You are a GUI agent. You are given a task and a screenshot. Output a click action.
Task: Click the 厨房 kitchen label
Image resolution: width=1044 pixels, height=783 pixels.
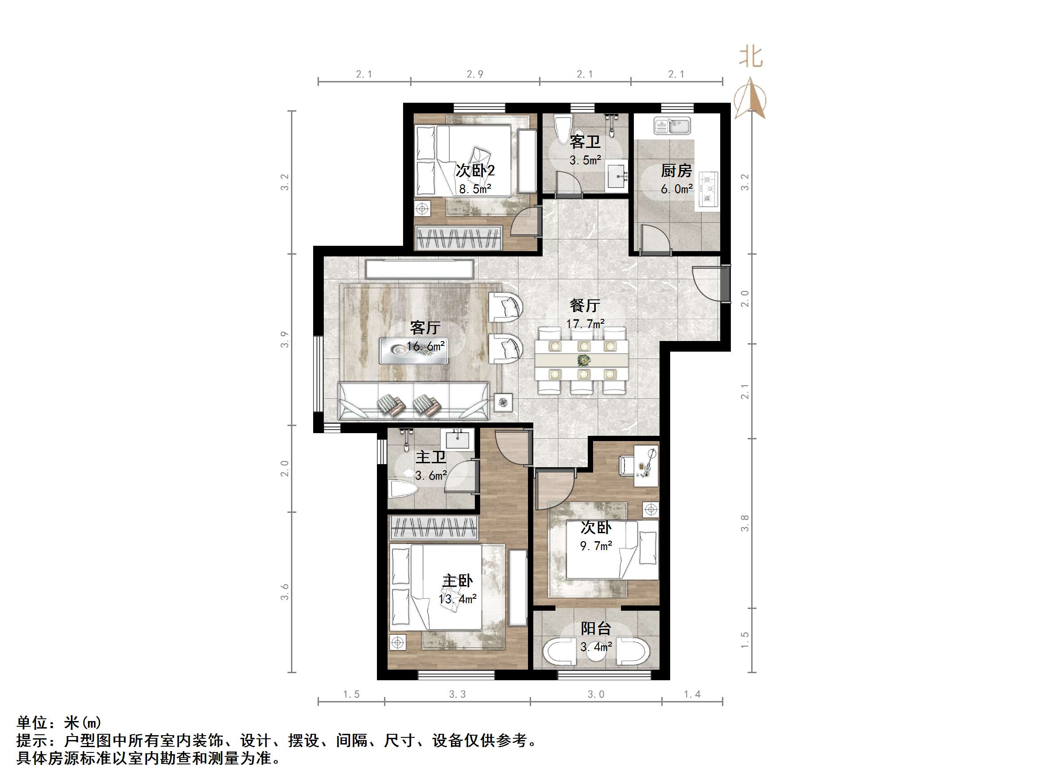[676, 170]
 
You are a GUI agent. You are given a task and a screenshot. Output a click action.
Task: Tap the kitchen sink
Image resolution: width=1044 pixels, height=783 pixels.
[672, 126]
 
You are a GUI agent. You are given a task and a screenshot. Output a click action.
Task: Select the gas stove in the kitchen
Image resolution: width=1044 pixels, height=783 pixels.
[708, 189]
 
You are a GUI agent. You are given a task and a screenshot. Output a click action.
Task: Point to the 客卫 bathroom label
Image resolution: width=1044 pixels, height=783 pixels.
[585, 142]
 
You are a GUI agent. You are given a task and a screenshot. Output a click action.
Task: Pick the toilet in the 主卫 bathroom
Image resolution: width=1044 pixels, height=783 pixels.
[403, 489]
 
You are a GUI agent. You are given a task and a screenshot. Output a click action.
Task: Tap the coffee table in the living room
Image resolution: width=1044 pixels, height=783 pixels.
[413, 350]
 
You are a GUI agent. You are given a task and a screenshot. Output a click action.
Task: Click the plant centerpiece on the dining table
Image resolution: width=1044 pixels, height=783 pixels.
[584, 360]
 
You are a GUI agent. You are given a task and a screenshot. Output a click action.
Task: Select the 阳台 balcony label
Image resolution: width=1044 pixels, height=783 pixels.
[596, 628]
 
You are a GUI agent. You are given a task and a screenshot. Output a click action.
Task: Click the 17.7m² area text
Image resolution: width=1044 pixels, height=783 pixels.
[585, 324]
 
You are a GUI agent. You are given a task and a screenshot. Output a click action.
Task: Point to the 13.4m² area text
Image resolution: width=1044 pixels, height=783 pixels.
[458, 599]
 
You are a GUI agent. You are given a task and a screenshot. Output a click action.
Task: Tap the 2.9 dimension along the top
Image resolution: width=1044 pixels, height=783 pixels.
[475, 74]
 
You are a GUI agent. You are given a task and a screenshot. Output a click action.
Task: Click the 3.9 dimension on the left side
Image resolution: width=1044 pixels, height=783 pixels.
[284, 339]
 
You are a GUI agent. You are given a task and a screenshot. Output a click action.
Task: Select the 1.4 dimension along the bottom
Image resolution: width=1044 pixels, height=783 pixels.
[692, 694]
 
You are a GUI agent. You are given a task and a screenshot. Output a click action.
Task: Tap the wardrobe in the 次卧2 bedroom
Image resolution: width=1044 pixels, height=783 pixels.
[458, 237]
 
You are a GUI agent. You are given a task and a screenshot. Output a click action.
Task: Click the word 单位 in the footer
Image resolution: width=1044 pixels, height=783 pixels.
[32, 723]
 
